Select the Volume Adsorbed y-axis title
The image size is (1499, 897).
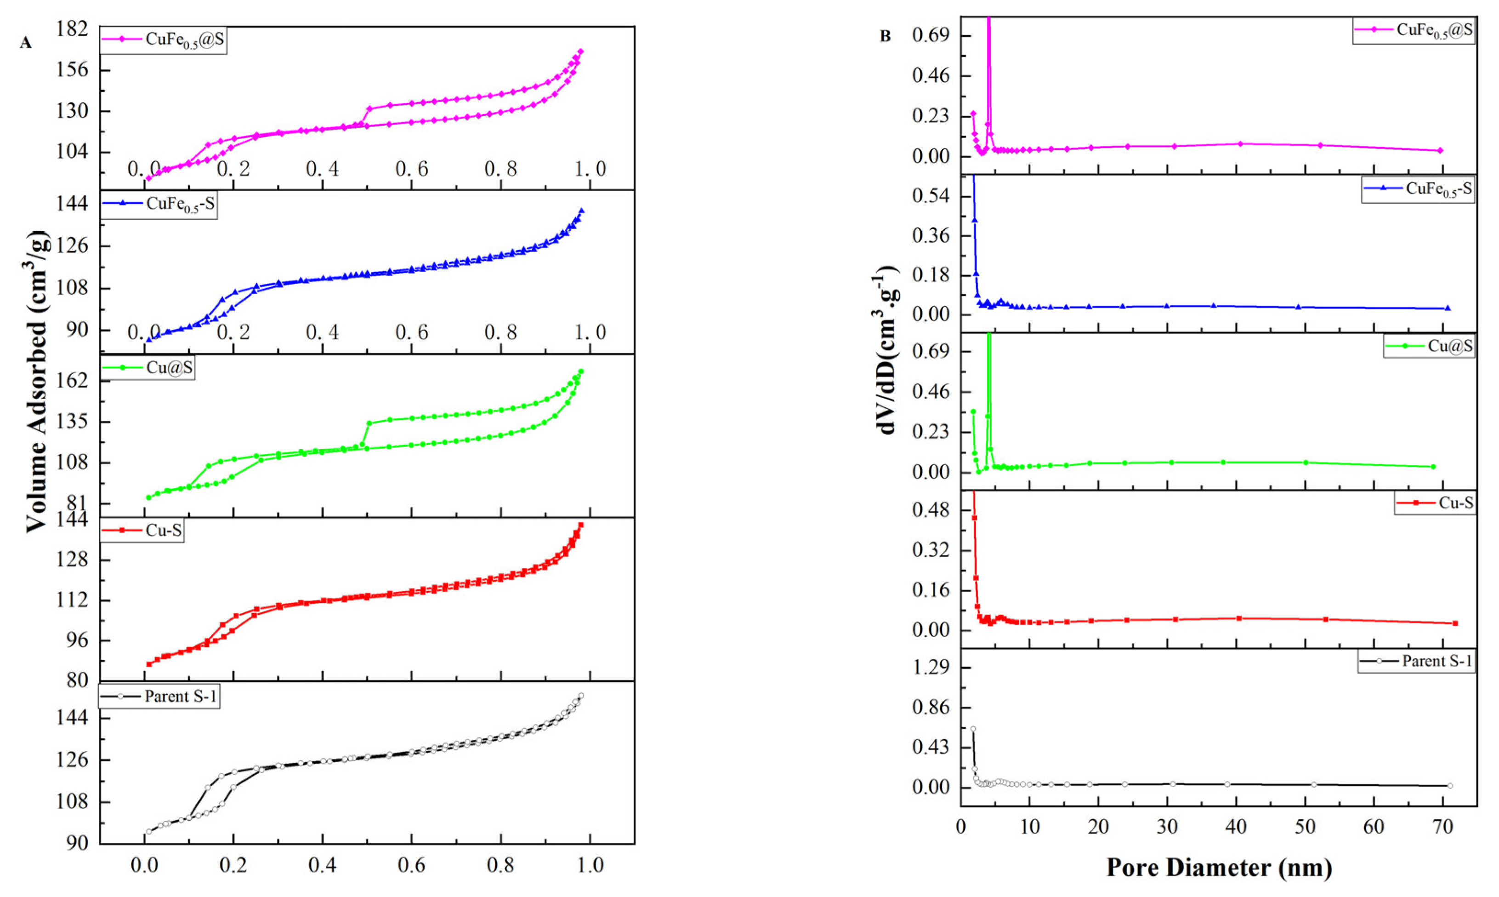point(37,381)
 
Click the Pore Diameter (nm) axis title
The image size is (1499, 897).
point(1219,868)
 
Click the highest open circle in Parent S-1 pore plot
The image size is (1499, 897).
point(973,729)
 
